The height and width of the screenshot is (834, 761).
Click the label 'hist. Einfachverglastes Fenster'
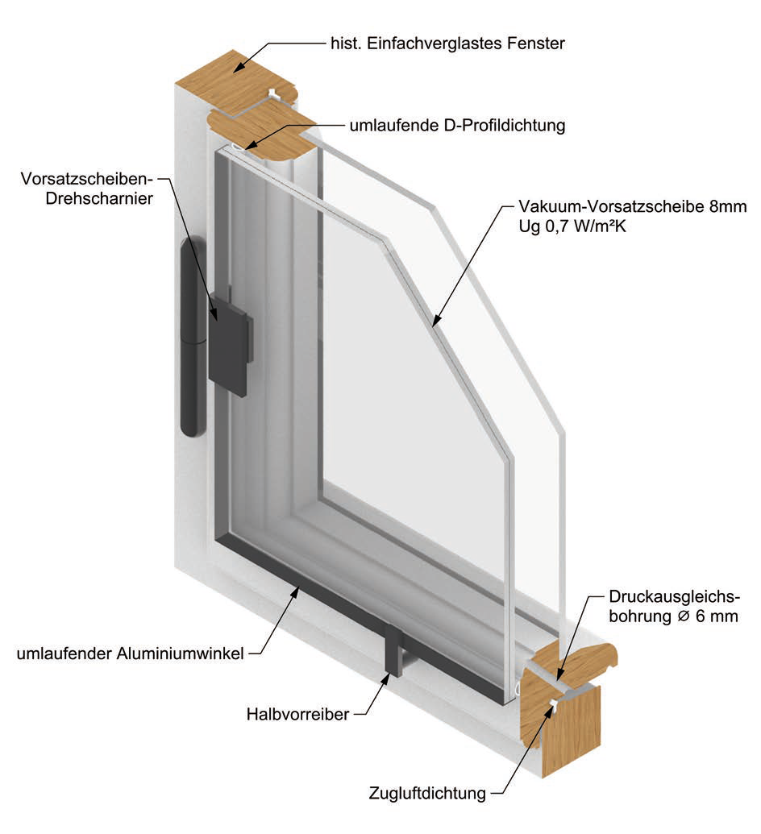pyautogui.click(x=447, y=43)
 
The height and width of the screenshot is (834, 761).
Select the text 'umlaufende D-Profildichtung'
pyautogui.click(x=456, y=126)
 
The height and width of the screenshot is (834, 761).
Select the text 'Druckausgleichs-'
pyautogui.click(x=674, y=597)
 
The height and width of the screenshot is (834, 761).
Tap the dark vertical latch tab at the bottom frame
pyautogui.click(x=395, y=650)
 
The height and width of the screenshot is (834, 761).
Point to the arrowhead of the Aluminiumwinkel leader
pyautogui.click(x=301, y=587)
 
